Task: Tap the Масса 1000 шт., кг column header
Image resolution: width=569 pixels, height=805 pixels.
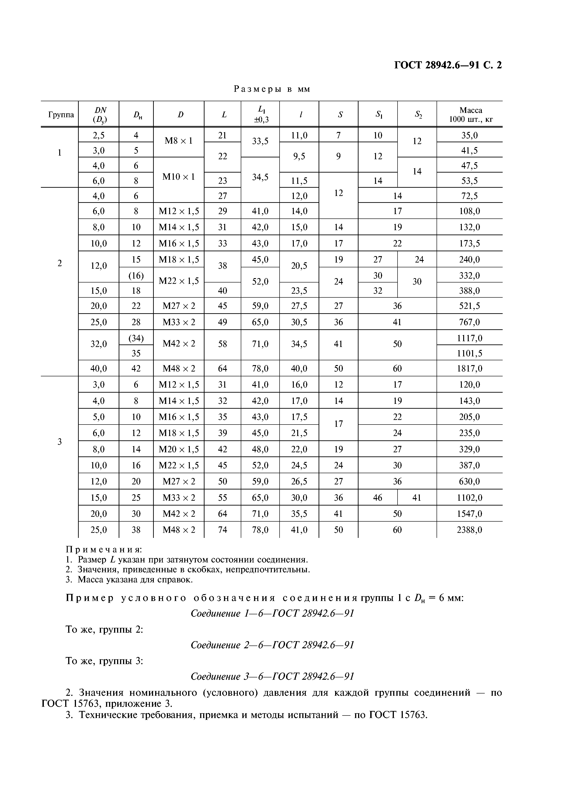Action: (471, 115)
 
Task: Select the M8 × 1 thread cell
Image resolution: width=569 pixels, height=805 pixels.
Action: (179, 141)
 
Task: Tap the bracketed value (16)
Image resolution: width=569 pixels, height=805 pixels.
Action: (136, 276)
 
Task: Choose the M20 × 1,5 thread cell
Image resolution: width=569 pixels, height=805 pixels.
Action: (179, 449)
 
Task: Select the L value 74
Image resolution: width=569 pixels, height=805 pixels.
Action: (223, 530)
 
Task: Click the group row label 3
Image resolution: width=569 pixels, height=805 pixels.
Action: (60, 442)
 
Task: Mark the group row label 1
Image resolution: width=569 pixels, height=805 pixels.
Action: (60, 153)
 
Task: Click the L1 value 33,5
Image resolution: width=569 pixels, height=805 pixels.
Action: (260, 141)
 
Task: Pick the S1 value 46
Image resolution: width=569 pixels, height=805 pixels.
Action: (378, 498)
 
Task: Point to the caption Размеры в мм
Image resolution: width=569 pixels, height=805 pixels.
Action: (272, 89)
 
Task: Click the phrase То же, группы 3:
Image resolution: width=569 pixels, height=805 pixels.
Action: (104, 661)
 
